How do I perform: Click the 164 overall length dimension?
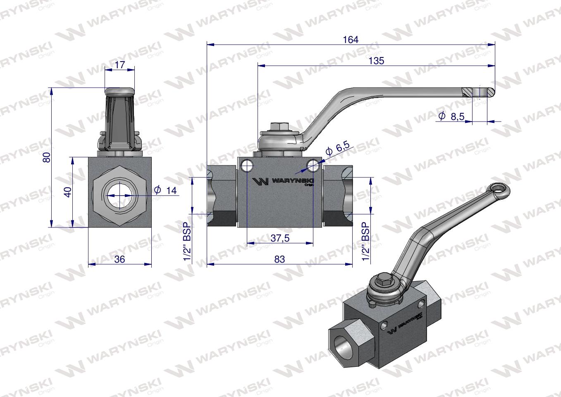351,40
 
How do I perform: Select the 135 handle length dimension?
376,61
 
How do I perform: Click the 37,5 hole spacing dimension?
280,238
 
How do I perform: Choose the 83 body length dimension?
279,259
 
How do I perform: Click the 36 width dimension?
119,259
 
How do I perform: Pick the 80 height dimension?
46,157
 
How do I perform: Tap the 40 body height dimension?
68,191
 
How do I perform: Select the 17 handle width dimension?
119,65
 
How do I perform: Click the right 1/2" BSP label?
365,242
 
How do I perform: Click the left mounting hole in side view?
247,165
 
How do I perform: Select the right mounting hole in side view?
313,165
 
